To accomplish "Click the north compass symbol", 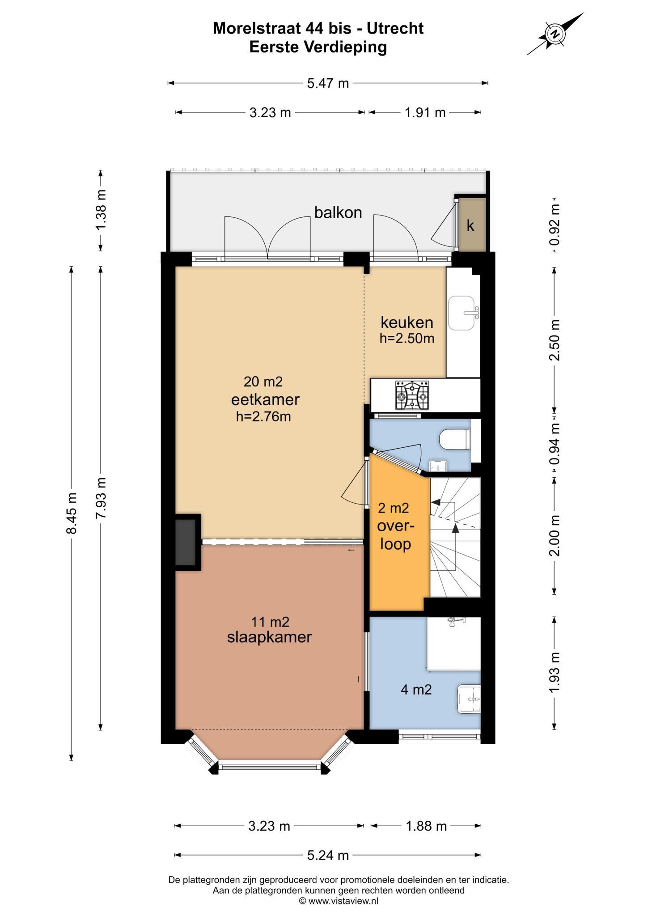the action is [555, 34].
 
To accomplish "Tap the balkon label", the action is [338, 212].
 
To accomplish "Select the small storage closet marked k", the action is [471, 225].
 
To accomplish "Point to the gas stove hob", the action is [411, 395].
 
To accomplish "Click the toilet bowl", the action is [455, 440].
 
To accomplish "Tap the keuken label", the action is [407, 322].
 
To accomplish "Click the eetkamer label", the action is [265, 399].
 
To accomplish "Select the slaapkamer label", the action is [269, 637].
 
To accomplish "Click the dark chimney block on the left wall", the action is [185, 542].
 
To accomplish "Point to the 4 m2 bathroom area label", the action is [416, 690].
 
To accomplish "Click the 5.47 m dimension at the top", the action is [328, 83].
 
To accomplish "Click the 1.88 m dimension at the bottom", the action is [426, 826].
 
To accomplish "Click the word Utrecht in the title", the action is [395, 28].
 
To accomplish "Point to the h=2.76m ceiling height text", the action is [263, 416].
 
